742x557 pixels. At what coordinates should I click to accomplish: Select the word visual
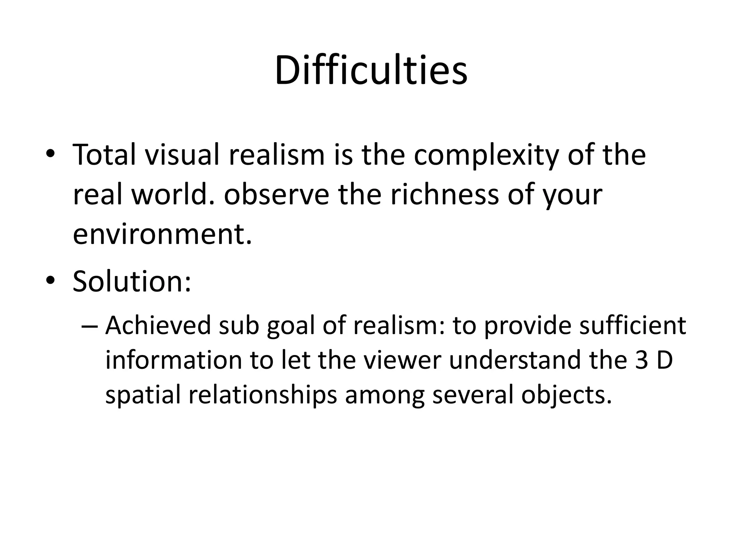click(183, 155)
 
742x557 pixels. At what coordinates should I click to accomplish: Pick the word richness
click(445, 195)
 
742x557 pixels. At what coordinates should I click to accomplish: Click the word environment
click(162, 234)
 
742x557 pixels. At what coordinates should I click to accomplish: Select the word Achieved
click(158, 325)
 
